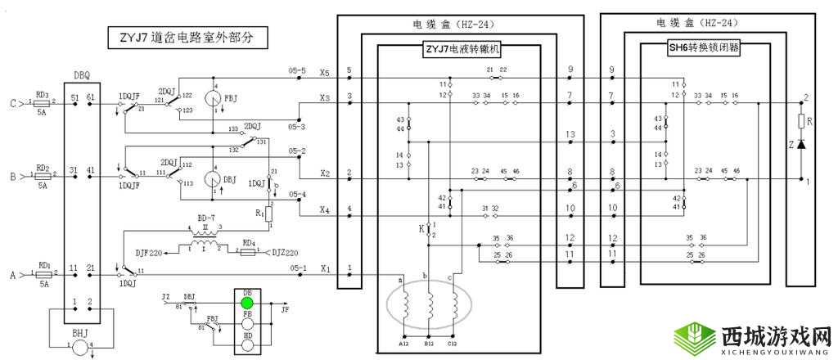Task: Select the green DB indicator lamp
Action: [x=247, y=302]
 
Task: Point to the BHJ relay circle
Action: [x=80, y=348]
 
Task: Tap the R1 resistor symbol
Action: [x=269, y=214]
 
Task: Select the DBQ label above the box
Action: [x=81, y=74]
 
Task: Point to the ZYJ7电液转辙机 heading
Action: [x=460, y=49]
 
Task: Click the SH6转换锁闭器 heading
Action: [x=704, y=48]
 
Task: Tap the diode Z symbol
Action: [x=801, y=144]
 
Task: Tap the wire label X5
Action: [x=324, y=74]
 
